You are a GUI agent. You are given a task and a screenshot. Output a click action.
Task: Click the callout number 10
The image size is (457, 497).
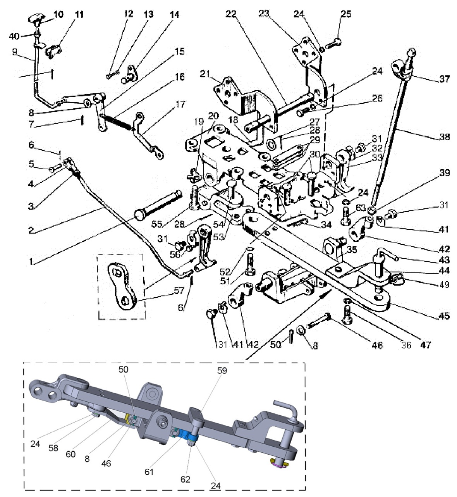pyautogui.click(x=58, y=14)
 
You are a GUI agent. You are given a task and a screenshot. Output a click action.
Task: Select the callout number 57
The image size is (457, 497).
pyautogui.click(x=179, y=291)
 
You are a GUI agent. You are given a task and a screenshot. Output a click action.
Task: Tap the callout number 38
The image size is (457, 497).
pyautogui.click(x=444, y=137)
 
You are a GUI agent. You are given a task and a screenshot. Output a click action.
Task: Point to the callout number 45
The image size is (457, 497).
pyautogui.click(x=444, y=316)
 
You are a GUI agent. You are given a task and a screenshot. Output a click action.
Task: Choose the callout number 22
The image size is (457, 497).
pyautogui.click(x=231, y=14)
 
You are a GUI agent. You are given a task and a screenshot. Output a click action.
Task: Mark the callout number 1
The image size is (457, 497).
pyautogui.click(x=31, y=261)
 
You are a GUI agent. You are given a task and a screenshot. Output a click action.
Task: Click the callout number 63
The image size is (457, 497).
pyautogui.click(x=361, y=208)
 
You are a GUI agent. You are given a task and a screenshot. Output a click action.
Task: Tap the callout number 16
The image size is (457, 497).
pyautogui.click(x=180, y=77)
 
